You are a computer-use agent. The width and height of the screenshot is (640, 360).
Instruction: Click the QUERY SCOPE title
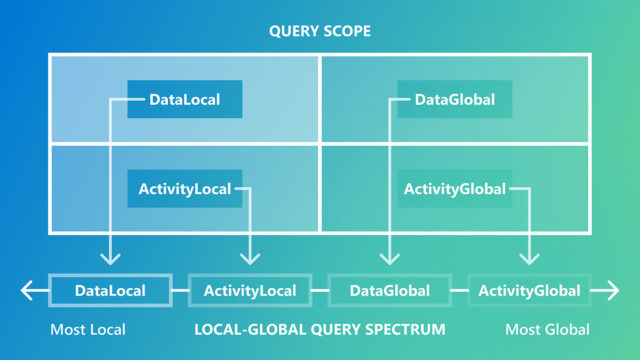point(320,31)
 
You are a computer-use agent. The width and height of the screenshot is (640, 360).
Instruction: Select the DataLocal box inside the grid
point(185,99)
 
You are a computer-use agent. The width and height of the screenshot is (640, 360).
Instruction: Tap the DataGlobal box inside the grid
point(455,99)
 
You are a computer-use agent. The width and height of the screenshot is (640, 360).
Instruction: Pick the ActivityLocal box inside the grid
point(185,188)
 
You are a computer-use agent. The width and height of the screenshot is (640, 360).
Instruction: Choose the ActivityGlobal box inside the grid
point(455,188)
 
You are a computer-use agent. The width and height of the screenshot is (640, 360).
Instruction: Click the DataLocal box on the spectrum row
point(110,291)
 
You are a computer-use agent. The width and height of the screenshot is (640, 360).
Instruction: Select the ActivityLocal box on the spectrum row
point(250,291)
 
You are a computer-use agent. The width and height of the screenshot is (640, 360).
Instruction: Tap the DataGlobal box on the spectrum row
point(390,291)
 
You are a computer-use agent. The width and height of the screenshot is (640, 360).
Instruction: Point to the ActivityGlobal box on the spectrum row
point(529,291)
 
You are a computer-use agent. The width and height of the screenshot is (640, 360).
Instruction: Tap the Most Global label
point(547,329)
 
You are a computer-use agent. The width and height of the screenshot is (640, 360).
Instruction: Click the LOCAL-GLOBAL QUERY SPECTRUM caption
point(319,329)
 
